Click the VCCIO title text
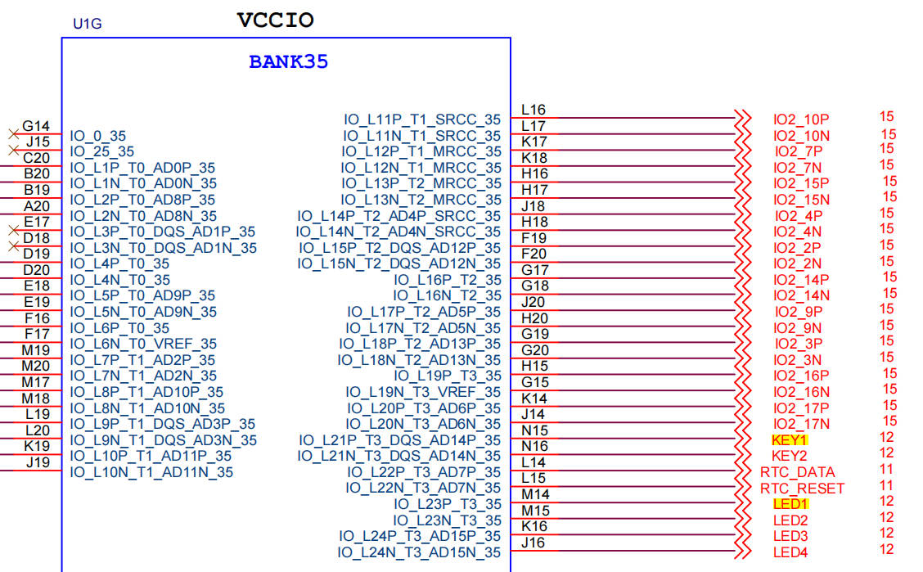(x=275, y=20)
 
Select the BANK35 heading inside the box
(x=288, y=62)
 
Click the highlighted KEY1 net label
(x=789, y=439)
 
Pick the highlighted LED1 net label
(x=790, y=504)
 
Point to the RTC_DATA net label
(x=797, y=472)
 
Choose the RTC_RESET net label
(x=802, y=489)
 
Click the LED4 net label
(x=790, y=552)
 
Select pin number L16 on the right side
(x=534, y=110)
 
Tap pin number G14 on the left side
(x=36, y=126)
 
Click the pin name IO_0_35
(x=98, y=136)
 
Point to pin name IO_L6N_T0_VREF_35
(x=143, y=344)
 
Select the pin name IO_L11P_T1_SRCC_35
(x=422, y=119)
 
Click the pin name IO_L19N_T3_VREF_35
(x=423, y=392)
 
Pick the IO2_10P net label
(x=801, y=119)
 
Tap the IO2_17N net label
(x=802, y=424)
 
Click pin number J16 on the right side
(x=534, y=543)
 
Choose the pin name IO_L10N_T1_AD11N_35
(x=151, y=472)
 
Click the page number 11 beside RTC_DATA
(x=886, y=470)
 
